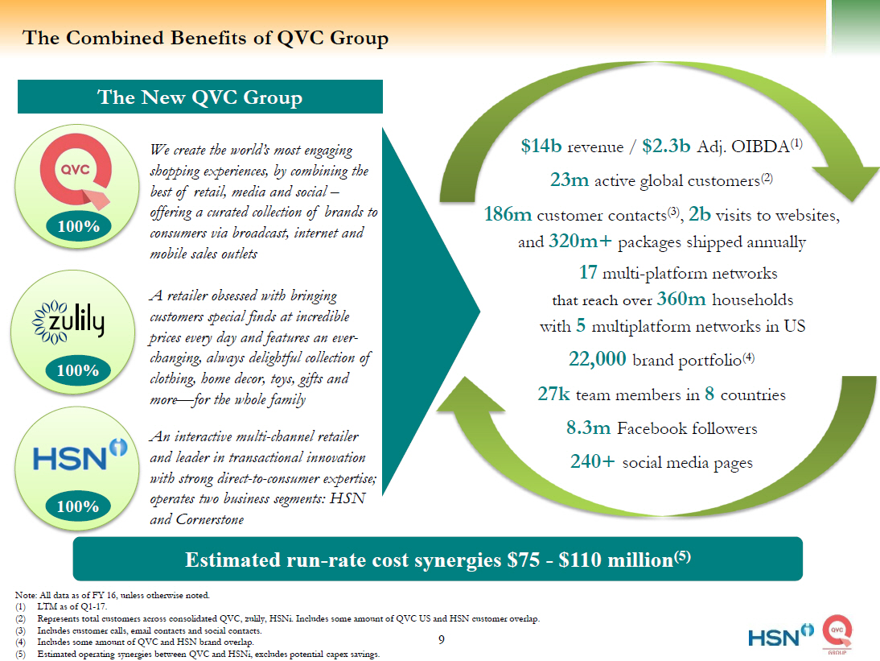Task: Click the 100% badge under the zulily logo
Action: tap(79, 370)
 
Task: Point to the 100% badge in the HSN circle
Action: tap(79, 506)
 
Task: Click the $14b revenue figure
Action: tap(541, 147)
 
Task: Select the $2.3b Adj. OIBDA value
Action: tap(664, 147)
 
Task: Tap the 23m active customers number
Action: tap(570, 180)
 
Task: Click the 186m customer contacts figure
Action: tap(508, 215)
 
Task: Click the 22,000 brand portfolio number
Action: tap(598, 359)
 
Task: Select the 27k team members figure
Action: tap(553, 394)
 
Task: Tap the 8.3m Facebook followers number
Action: tap(589, 428)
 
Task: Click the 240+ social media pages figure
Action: tap(593, 462)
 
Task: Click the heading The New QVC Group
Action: tap(199, 98)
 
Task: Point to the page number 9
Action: tap(441, 640)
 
